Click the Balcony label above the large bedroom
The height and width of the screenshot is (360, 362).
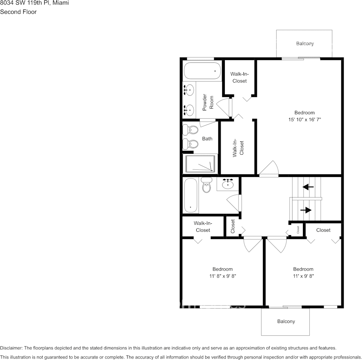[x=305, y=43]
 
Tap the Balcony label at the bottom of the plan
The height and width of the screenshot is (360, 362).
[x=286, y=321]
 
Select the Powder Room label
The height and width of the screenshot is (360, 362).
[x=208, y=102]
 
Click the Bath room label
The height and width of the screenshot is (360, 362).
[x=207, y=139]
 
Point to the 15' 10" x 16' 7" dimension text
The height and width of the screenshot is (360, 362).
[x=304, y=119]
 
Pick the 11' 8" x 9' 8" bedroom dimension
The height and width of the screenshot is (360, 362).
[x=223, y=276]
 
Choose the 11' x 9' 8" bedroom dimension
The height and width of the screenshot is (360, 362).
[x=303, y=276]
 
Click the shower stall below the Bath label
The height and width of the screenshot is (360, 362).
[x=200, y=164]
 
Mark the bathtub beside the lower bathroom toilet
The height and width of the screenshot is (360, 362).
[x=191, y=196]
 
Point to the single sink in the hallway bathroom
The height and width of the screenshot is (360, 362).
[x=228, y=184]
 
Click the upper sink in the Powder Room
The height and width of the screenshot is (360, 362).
[x=189, y=91]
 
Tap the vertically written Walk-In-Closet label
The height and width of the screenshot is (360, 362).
[x=238, y=148]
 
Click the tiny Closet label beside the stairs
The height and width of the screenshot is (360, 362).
[x=298, y=229]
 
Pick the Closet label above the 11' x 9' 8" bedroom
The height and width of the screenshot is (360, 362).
[x=323, y=230]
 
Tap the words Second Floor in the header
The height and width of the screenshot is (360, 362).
[x=18, y=12]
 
